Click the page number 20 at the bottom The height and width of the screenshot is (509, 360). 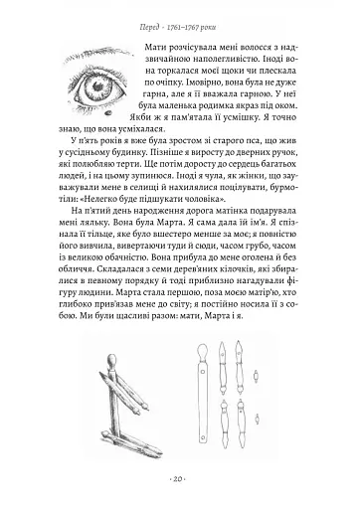[179, 493]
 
